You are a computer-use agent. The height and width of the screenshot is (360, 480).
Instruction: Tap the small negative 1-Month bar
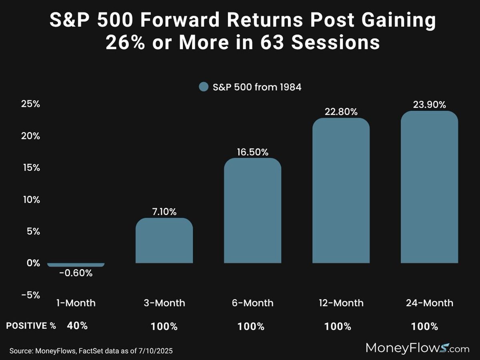coord(76,265)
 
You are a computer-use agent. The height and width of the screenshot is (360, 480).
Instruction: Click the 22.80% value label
coord(341,112)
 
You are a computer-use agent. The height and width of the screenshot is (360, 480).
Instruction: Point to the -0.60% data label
coord(76,274)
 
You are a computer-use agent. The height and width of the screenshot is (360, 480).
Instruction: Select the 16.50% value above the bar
coord(252,152)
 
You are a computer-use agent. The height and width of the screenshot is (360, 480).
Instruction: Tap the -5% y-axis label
coord(30,295)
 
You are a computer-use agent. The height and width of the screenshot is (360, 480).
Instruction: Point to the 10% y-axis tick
coord(30,200)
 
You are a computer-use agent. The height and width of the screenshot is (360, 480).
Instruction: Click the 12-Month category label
coord(341,303)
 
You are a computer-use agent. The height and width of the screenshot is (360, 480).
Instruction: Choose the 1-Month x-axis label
coord(76,303)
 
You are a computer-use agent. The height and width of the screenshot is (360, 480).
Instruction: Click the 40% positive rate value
coord(77,326)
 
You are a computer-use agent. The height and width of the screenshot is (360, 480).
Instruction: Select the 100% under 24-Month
coord(424,326)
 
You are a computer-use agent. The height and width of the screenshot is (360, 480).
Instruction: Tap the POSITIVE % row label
coord(31,326)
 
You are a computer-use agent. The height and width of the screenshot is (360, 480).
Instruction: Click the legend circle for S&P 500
coord(203,86)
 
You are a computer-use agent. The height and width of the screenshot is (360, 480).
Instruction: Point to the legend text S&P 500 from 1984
coord(256,86)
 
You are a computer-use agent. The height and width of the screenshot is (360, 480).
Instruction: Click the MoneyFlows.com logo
coord(418,348)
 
